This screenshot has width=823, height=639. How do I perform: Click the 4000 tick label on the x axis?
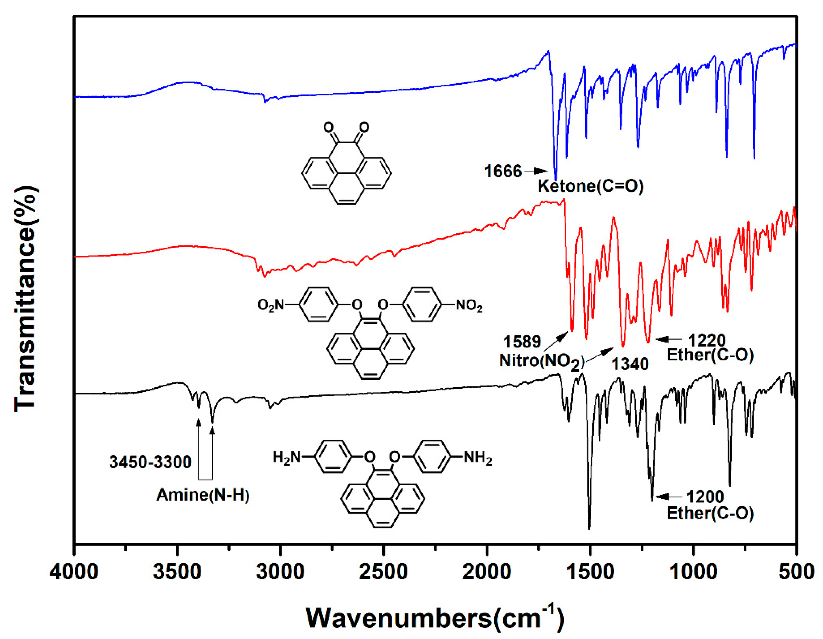74,573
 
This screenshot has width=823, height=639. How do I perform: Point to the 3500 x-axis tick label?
177,573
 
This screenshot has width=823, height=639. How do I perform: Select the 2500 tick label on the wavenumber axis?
383,573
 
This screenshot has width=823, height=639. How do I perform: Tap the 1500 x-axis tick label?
590,573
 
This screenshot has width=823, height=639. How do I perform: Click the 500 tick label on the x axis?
797,573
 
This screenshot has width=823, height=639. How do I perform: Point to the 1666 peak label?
503,172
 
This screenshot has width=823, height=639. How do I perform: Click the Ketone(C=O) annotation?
590,186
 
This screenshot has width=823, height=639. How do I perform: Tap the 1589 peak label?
522,342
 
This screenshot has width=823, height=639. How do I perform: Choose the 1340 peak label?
630,364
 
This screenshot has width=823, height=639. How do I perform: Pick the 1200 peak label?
705,497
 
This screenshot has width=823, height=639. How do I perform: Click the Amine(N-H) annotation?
203,495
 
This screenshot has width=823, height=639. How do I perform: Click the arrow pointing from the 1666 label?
535,171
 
